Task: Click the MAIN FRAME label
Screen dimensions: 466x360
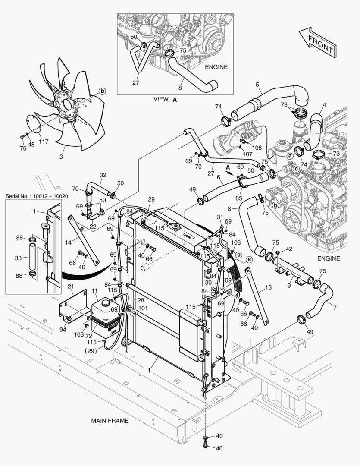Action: pos(110,420)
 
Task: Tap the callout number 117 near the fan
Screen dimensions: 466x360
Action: pos(44,141)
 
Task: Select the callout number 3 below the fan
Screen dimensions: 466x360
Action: pos(61,157)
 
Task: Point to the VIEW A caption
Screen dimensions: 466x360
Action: pos(165,99)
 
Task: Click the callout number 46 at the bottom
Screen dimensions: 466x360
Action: pos(219,448)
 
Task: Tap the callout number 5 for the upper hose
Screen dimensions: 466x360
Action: pos(257,85)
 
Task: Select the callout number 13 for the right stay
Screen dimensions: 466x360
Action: pos(268,287)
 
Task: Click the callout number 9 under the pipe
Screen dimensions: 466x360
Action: pos(289,285)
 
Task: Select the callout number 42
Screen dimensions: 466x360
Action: pos(288,249)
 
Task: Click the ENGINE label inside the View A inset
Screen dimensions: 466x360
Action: pos(216,67)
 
